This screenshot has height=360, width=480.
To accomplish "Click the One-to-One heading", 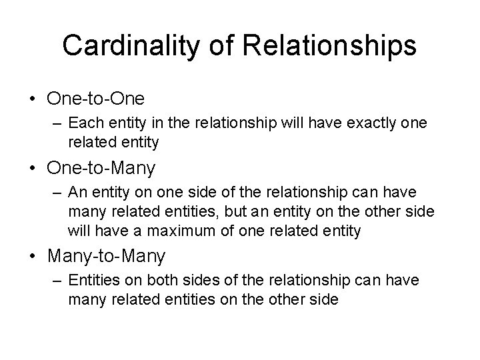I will [95, 98].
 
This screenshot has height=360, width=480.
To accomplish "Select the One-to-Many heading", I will [101, 167].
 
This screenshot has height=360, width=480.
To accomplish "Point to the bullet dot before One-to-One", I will [31, 99].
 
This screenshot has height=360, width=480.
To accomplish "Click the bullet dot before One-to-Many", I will [31, 168].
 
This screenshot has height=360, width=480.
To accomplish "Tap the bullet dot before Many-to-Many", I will [31, 255].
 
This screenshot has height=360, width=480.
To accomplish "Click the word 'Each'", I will [83, 124].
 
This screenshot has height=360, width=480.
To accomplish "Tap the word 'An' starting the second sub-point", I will [77, 193].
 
